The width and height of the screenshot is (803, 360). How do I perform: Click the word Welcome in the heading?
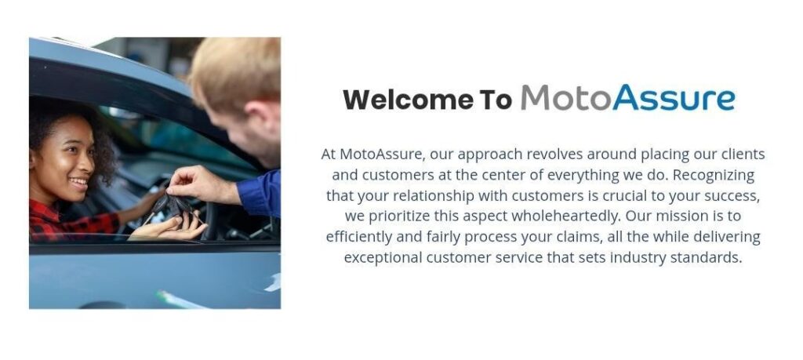(408, 100)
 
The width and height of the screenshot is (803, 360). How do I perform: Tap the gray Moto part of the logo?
(566, 97)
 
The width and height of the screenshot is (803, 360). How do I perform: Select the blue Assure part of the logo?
(674, 98)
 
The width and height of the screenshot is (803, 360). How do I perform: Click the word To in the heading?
(496, 100)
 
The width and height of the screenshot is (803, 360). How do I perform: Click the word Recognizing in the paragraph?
(714, 175)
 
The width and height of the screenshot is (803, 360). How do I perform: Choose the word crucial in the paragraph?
(627, 195)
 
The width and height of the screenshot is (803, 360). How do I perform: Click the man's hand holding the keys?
(202, 184)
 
